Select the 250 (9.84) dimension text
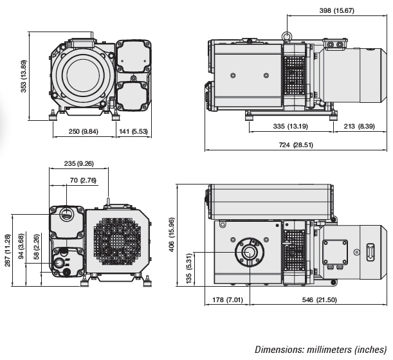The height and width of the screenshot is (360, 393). [84, 132]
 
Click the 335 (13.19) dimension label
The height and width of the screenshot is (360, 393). [289, 126]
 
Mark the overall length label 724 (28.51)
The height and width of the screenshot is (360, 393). [296, 145]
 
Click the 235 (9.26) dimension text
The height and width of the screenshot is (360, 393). [78, 163]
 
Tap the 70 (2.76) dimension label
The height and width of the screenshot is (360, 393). [83, 181]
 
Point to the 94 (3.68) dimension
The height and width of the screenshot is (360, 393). [21, 246]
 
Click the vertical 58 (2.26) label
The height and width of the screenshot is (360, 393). [37, 247]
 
